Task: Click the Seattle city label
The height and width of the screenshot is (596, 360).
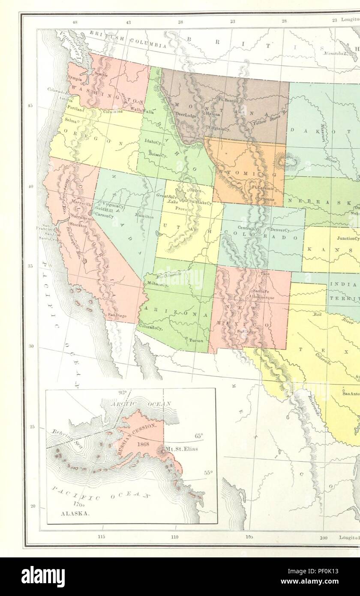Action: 101,74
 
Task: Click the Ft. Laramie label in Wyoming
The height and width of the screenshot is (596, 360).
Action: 262,187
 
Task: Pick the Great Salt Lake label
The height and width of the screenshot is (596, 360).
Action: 165,198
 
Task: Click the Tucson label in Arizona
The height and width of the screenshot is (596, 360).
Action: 196,340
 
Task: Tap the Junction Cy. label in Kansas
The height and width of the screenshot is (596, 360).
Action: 348,238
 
